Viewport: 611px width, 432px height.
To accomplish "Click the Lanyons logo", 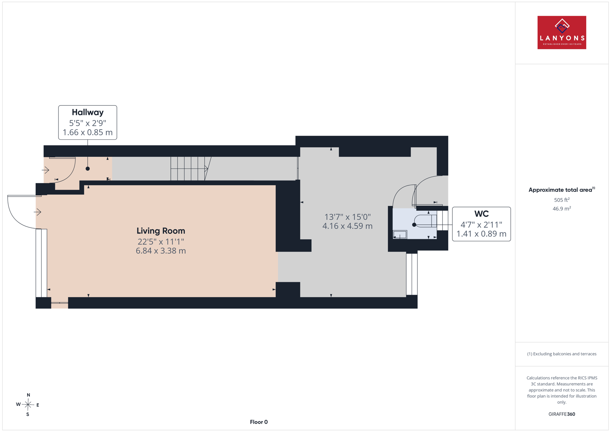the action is coord(562,32).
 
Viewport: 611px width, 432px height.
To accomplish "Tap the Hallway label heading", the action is coord(87,112).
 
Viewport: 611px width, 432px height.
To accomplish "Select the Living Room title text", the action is coord(161,231).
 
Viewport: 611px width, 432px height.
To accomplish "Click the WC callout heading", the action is coord(482,214).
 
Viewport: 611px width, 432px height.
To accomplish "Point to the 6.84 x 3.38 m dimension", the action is coord(161,251).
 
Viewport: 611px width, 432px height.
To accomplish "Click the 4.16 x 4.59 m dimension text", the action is coord(347,226).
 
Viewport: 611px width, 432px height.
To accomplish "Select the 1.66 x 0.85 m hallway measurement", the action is coord(87,132).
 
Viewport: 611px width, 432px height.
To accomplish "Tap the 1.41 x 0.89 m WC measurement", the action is coord(482,234).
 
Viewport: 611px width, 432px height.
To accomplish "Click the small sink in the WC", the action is coord(400,234).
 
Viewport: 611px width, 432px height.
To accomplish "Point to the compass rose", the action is coord(28,405).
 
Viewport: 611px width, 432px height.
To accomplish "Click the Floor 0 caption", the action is coord(259,422).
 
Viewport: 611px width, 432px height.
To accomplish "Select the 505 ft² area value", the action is coord(562,200).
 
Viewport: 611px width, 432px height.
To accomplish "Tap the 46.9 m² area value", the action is coord(562,208).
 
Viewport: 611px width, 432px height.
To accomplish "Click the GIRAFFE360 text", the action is coord(562,414).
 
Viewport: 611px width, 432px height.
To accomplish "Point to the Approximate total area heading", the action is coord(562,190).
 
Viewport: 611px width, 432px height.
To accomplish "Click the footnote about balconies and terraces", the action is coord(562,354).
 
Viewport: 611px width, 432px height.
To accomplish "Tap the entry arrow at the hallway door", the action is coord(45,170).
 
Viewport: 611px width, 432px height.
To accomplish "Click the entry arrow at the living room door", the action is coord(38,212).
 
